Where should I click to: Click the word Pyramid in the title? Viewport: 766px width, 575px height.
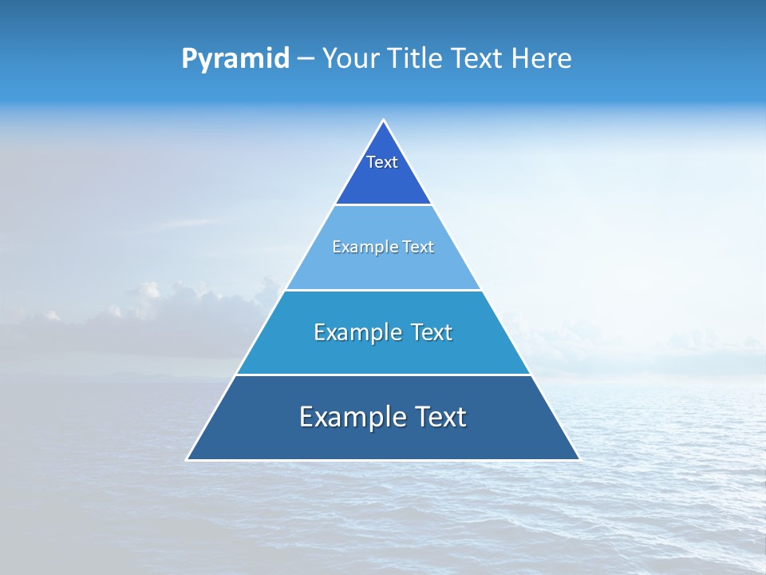pyautogui.click(x=235, y=59)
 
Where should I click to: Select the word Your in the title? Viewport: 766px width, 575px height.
pyautogui.click(x=350, y=59)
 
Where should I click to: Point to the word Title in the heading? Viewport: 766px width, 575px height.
pyautogui.click(x=417, y=59)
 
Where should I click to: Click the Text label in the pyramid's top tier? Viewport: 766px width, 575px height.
pyautogui.click(x=382, y=162)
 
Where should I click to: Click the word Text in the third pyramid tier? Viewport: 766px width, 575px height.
pyautogui.click(x=431, y=332)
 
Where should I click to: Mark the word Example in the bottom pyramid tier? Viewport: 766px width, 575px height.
pyautogui.click(x=344, y=417)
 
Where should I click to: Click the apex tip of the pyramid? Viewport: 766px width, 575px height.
pyautogui.click(x=383, y=121)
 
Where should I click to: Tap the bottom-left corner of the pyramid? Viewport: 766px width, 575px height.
pyautogui.click(x=188, y=459)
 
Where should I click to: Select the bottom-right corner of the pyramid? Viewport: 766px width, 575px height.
pyautogui.click(x=578, y=459)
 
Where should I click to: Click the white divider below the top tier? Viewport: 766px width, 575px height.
pyautogui.click(x=383, y=204)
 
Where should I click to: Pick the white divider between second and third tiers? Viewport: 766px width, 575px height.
pyautogui.click(x=383, y=290)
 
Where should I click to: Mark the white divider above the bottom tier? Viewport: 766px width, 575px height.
pyautogui.click(x=383, y=375)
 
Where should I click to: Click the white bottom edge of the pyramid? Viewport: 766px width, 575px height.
pyautogui.click(x=383, y=460)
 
